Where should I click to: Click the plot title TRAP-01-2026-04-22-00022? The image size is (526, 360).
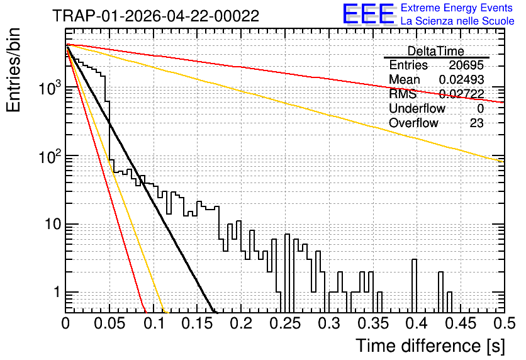click(155, 16)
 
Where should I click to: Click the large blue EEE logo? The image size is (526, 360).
click(368, 14)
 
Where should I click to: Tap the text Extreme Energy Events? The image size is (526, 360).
click(456, 8)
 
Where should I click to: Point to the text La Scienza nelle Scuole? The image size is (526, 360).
click(457, 21)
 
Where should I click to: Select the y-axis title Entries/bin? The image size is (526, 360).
click(13, 70)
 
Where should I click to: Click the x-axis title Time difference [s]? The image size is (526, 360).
click(430, 346)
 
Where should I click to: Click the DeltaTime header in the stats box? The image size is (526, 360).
click(435, 51)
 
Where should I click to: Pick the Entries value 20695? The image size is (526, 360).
click(466, 65)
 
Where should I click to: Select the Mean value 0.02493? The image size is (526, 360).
click(461, 79)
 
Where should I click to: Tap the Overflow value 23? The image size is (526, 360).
click(477, 123)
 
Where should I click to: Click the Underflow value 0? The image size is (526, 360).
click(480, 108)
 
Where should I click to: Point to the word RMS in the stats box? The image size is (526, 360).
click(403, 94)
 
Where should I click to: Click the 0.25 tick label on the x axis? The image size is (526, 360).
click(285, 323)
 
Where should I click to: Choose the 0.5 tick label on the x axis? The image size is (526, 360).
click(504, 323)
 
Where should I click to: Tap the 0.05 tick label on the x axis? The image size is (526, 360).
click(109, 323)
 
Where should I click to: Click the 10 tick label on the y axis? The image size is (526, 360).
click(53, 224)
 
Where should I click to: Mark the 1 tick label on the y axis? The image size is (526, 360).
click(57, 292)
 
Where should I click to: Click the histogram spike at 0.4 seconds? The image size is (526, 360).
click(414, 286)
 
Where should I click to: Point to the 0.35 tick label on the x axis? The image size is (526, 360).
click(372, 323)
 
